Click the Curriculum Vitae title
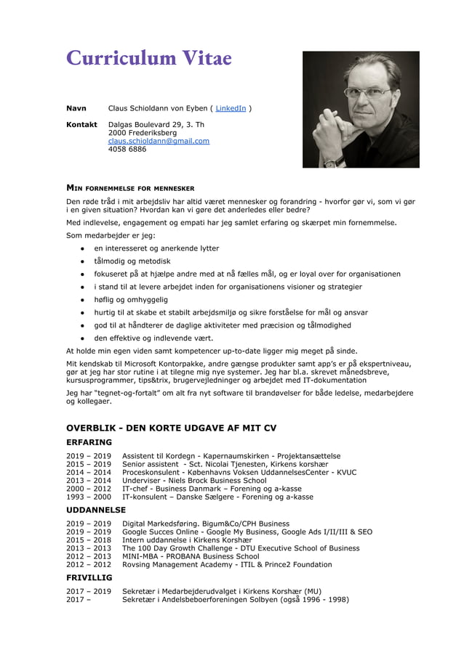[148, 58]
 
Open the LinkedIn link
[231, 109]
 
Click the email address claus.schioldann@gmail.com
[159, 141]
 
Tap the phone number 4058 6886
[127, 150]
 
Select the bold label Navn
[76, 109]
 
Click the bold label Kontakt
[81, 125]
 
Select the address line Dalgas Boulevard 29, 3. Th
[156, 125]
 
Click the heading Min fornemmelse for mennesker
[129, 187]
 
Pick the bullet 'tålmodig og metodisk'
[132, 261]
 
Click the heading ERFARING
[89, 442]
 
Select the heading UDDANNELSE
[96, 510]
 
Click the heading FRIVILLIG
[89, 578]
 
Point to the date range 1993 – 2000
[89, 497]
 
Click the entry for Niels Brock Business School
[194, 481]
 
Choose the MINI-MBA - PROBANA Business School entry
[191, 557]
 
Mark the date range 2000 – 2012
[89, 489]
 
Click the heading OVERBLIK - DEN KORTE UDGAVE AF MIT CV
[171, 428]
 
